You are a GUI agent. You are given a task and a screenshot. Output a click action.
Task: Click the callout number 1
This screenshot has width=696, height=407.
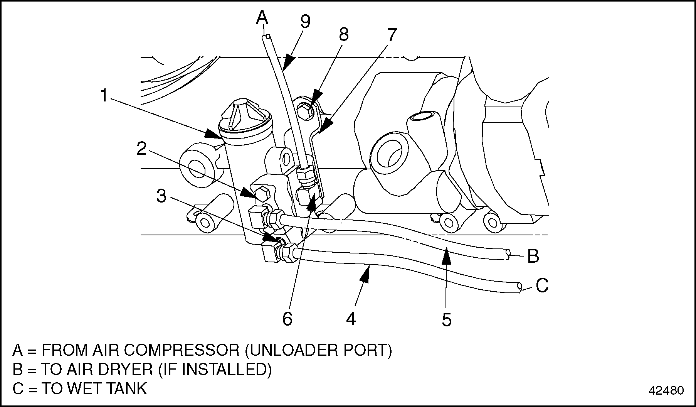point(104,95)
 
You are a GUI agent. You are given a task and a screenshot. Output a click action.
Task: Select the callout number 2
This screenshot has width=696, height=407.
point(142,149)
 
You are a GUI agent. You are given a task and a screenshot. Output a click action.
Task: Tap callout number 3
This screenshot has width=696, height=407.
point(161,196)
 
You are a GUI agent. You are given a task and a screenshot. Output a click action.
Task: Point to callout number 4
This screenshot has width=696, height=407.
point(351,319)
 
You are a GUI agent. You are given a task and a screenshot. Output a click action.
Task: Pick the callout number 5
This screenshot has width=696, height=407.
point(446,319)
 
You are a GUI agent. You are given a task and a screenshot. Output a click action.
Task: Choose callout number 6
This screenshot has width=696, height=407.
point(287,319)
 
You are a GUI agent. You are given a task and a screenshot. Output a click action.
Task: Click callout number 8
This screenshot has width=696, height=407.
point(344,34)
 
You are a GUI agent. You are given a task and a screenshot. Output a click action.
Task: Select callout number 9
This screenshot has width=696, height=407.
point(305,22)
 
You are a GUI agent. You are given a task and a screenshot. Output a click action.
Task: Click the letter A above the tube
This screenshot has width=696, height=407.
point(262,17)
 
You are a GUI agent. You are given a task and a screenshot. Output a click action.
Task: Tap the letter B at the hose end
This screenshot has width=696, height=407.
point(533,256)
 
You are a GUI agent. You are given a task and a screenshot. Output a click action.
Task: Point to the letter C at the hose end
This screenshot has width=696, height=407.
point(542,286)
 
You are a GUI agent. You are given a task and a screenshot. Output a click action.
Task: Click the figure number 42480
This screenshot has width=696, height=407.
point(666,390)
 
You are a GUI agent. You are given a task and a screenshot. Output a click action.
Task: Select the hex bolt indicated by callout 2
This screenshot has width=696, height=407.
point(262,194)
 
